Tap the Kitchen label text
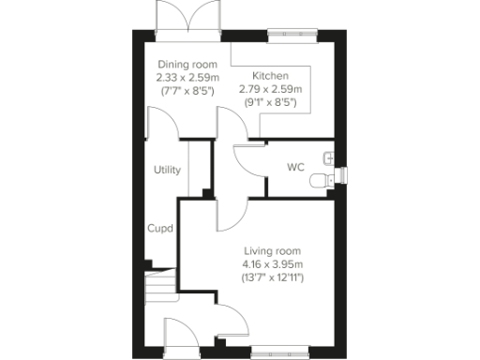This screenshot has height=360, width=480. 270,75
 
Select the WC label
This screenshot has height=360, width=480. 295,168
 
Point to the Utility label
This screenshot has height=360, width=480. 168,170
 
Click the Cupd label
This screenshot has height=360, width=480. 159,228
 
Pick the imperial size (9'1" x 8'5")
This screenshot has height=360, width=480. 270,101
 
